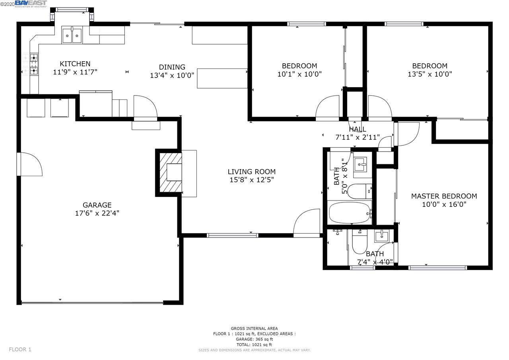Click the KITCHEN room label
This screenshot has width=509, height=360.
tap(75, 64)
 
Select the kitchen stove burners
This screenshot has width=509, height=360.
tap(34, 64)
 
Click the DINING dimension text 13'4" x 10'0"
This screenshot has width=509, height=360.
tap(172, 75)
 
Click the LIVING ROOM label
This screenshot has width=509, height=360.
tap(251, 171)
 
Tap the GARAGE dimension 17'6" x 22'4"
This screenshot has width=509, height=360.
tap(97, 213)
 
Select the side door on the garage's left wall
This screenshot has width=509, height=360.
tap(30, 164)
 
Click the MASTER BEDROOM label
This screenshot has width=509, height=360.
tap(444, 196)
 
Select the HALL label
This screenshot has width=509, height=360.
tap(357, 129)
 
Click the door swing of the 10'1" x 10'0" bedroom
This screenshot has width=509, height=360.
tap(328, 108)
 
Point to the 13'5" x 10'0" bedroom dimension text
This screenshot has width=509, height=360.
tap(429, 74)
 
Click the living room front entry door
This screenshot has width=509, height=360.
tap(307, 224)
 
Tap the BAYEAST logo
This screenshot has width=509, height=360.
tap(31, 4)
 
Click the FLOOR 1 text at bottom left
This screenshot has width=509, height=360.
tap(20, 349)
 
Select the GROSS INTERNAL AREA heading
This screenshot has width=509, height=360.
tap(254, 329)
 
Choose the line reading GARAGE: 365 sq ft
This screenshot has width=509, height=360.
tap(254, 339)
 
